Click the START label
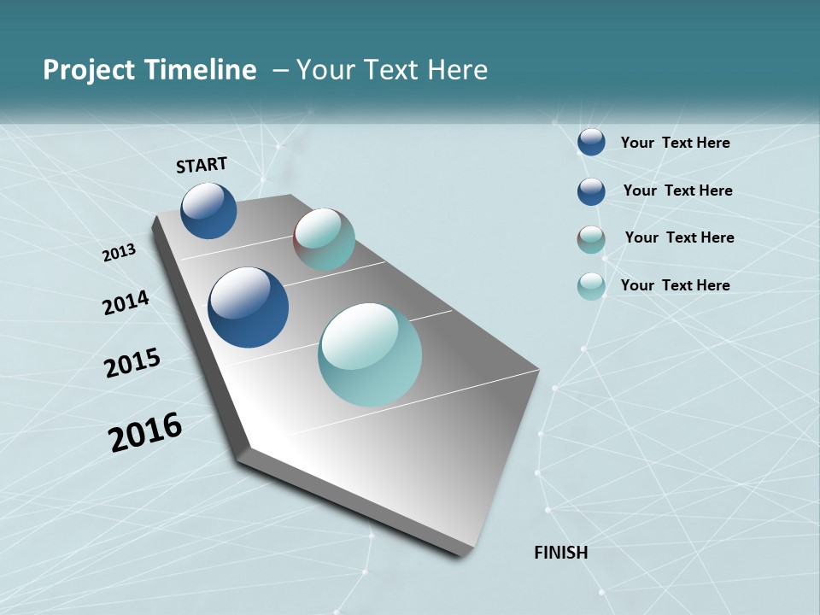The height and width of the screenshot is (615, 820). tap(202, 165)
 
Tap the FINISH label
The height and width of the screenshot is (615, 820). tap(560, 553)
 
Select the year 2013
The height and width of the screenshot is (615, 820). tap(120, 252)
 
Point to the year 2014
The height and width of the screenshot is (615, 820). tap(126, 302)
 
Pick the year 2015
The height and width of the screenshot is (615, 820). tap(132, 362)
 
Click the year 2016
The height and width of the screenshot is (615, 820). tap(145, 432)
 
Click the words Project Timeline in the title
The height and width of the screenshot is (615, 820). tap(149, 70)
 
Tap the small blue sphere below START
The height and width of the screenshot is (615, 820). tap(208, 210)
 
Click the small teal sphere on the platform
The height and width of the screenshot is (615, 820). tap(324, 239)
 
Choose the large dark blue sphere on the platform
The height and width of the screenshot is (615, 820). tap(248, 307)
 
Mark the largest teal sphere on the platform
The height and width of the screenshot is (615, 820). tap(370, 354)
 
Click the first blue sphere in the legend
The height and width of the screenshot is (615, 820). tap(591, 142)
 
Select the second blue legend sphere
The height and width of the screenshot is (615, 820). tap(591, 191)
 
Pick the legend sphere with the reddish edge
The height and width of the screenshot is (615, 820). tap(591, 239)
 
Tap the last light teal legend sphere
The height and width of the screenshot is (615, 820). tap(591, 286)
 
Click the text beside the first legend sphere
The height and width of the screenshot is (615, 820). tap(675, 143)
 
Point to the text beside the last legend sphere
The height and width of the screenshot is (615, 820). tap(675, 285)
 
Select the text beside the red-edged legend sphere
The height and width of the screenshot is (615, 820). tap(679, 237)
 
